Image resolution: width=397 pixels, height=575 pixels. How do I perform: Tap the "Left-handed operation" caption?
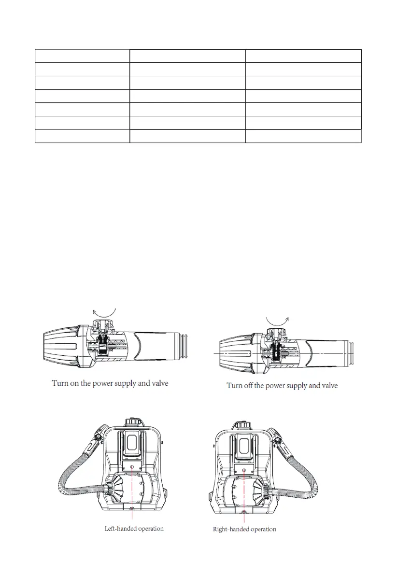click(134, 529)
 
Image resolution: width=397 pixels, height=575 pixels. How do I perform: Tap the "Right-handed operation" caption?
click(245, 529)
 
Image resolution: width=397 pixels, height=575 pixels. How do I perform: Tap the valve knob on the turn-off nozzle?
click(275, 335)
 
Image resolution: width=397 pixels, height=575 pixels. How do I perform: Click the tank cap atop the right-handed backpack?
click(240, 425)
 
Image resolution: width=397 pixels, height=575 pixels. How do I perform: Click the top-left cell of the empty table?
click(83, 56)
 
